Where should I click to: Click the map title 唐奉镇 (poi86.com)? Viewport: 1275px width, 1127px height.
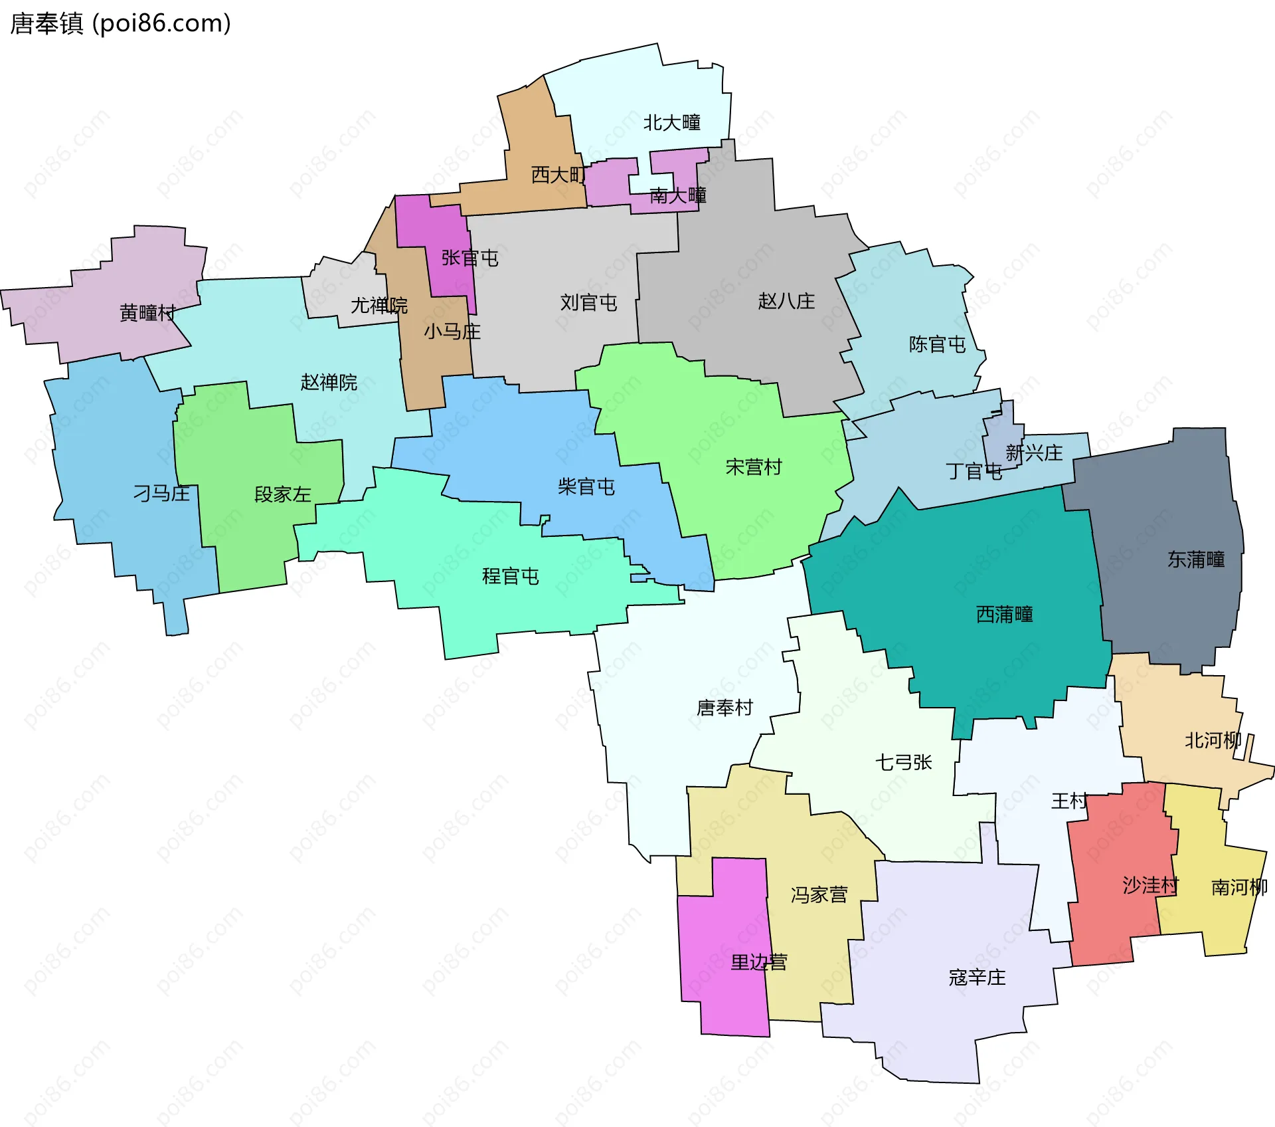point(120,24)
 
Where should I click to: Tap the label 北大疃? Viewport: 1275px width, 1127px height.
point(671,123)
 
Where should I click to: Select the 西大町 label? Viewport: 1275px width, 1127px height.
point(558,175)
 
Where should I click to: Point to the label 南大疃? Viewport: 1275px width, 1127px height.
point(677,195)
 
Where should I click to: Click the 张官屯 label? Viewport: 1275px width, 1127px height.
point(469,258)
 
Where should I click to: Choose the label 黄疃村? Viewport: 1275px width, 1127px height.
point(147,312)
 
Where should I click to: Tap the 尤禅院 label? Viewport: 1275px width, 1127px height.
point(379,306)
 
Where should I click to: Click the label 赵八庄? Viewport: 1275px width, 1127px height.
point(786,302)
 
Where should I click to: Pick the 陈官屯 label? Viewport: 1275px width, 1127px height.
point(937,344)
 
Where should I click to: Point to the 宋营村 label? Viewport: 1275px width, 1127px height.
point(754,467)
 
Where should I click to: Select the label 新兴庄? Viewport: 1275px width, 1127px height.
point(1034,453)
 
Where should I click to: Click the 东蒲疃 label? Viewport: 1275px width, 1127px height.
point(1196,560)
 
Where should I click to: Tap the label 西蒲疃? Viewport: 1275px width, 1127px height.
point(1004,615)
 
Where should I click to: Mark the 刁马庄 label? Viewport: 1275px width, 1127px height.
point(161,493)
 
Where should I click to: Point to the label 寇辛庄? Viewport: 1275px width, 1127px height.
point(977,977)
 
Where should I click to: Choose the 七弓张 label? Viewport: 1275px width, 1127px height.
point(903,762)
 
